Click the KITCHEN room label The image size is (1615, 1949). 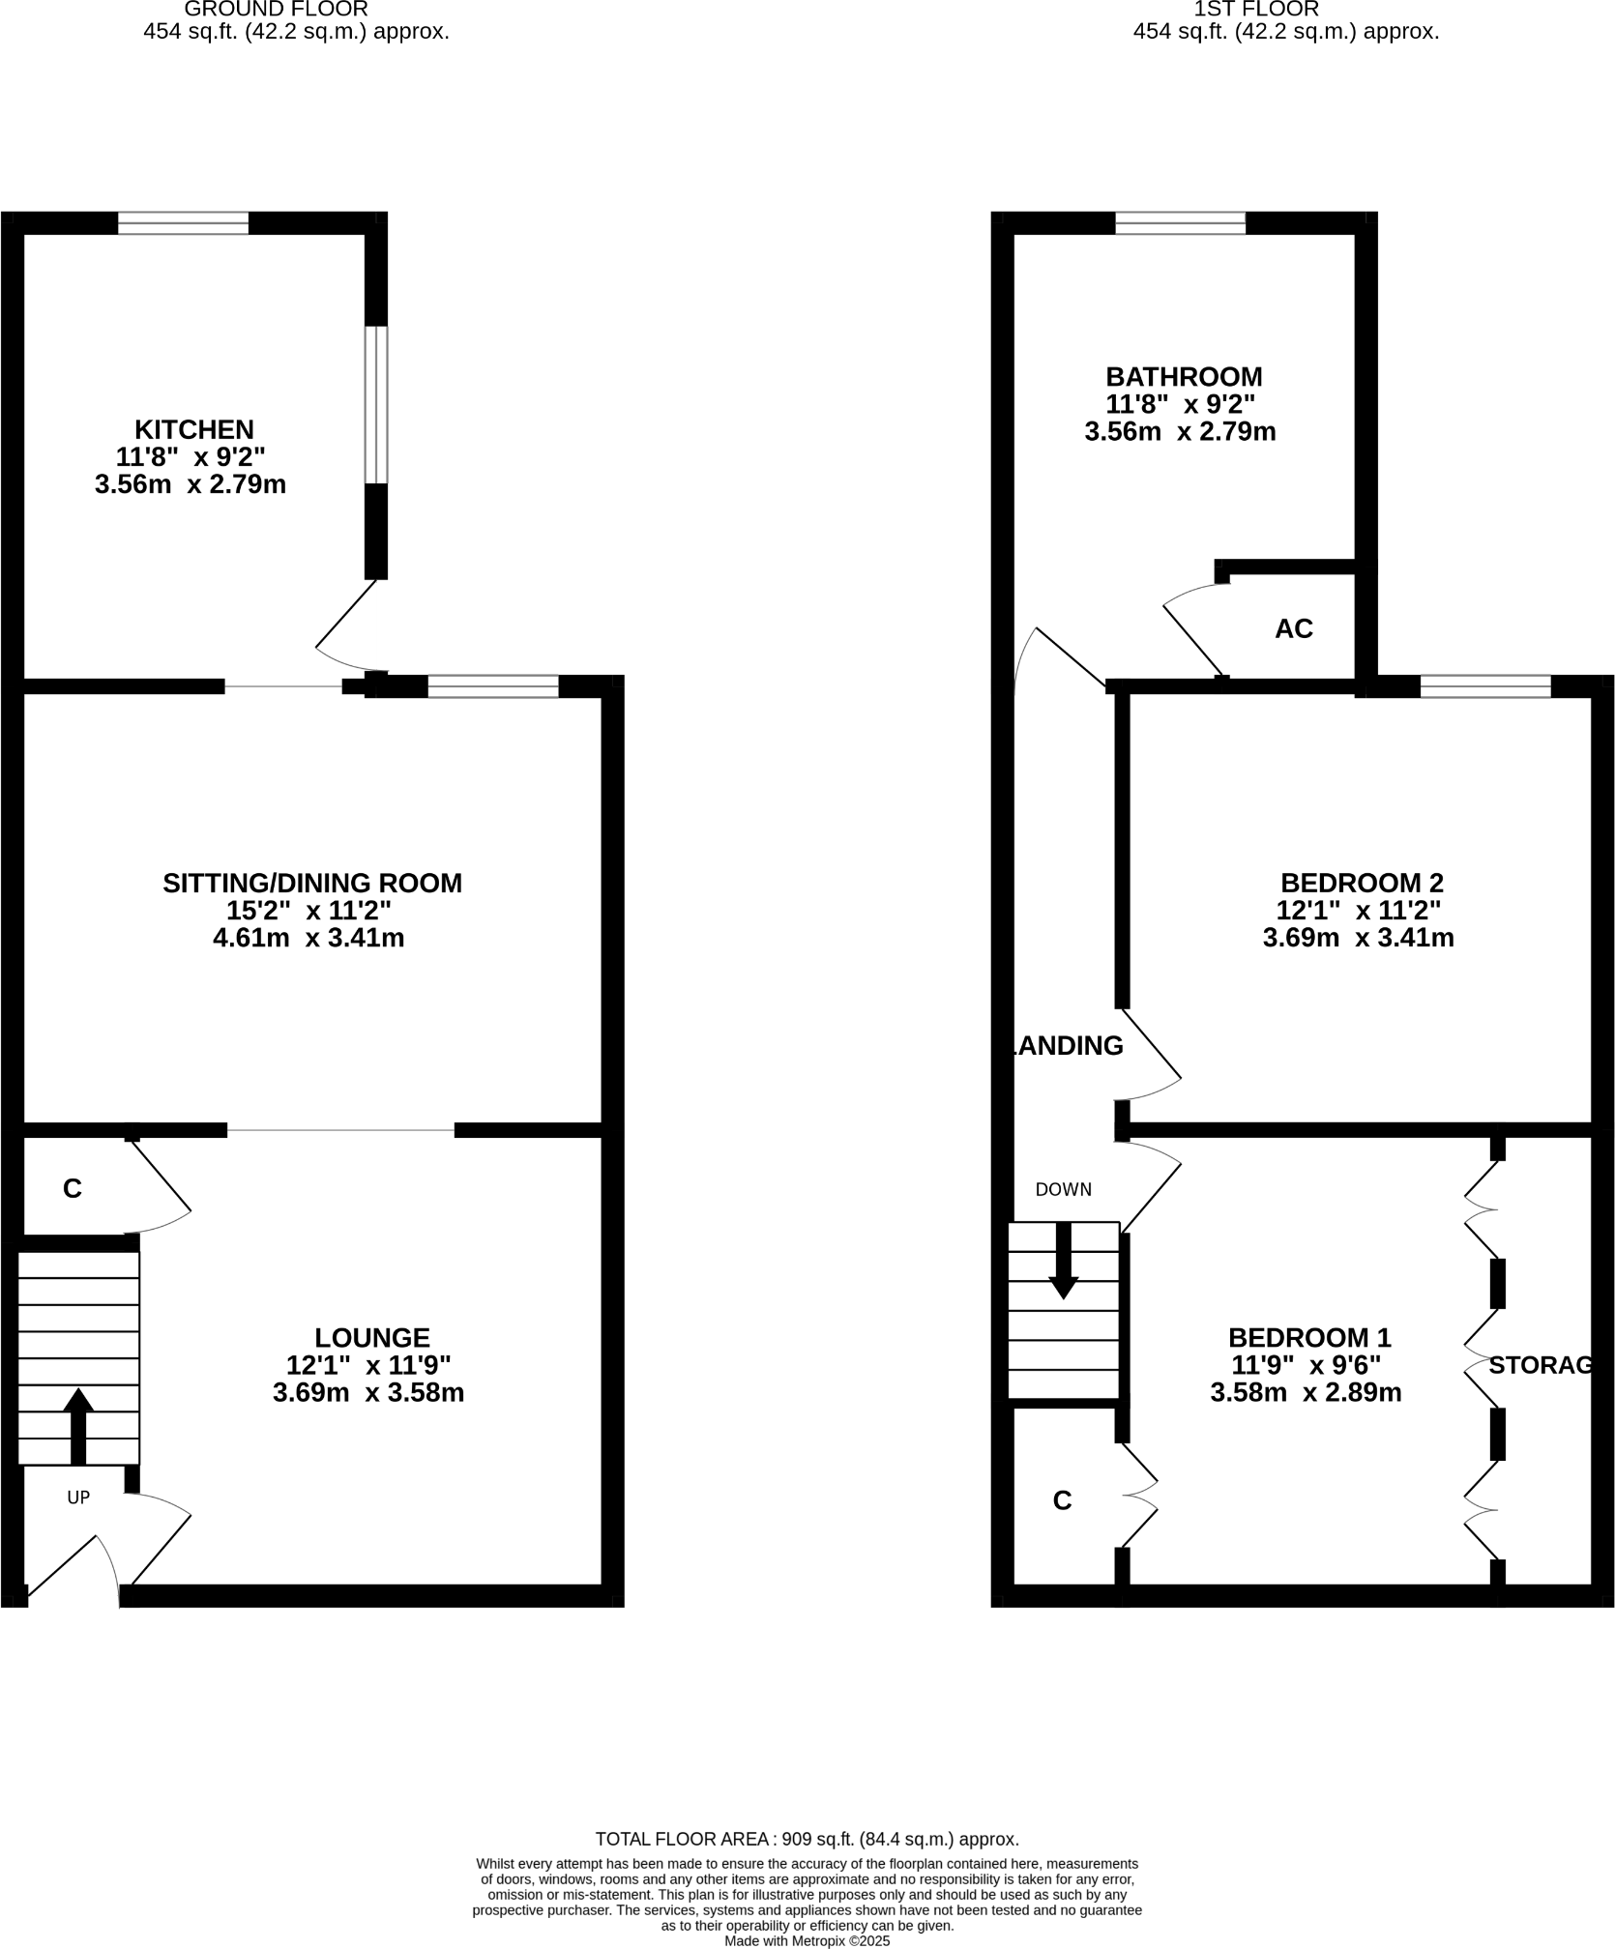click(193, 428)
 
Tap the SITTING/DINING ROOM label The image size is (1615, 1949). click(311, 883)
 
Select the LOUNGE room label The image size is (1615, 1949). click(371, 1337)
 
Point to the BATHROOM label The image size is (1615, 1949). click(1184, 376)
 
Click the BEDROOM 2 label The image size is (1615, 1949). click(1361, 883)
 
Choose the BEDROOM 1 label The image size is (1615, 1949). click(1308, 1337)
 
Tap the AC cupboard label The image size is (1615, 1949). click(1293, 628)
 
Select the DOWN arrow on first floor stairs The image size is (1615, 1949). click(1064, 1261)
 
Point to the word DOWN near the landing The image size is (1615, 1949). click(1063, 1190)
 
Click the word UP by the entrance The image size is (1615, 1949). click(78, 1498)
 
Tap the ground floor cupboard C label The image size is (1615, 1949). click(73, 1189)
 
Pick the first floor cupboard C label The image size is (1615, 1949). click(1062, 1500)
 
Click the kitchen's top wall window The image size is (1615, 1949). click(183, 223)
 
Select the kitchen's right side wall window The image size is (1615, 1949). click(376, 404)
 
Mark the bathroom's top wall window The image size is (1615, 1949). click(1180, 223)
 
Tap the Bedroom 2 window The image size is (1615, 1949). click(1485, 686)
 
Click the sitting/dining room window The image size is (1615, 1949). click(493, 686)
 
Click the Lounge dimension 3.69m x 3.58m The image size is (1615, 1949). click(368, 1393)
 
